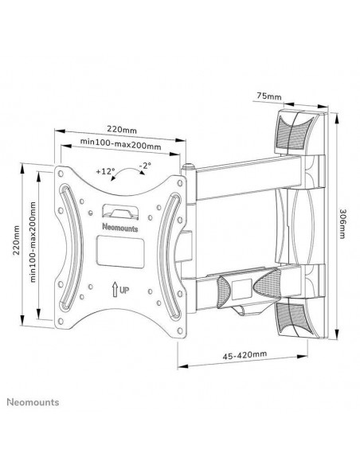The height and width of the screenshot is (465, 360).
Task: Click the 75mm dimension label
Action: pos(268,96)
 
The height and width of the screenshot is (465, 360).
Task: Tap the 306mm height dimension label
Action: pos(342,224)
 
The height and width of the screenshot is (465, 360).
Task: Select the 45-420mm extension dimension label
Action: pos(245,354)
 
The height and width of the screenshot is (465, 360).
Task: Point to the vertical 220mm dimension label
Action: pos(16,240)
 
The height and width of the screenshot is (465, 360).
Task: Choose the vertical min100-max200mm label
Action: pos(33,242)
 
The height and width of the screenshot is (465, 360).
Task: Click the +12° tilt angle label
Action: pos(105,171)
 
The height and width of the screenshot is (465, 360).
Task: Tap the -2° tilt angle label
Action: pos(145,165)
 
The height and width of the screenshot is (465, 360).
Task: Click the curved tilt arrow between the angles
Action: pos(127,169)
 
